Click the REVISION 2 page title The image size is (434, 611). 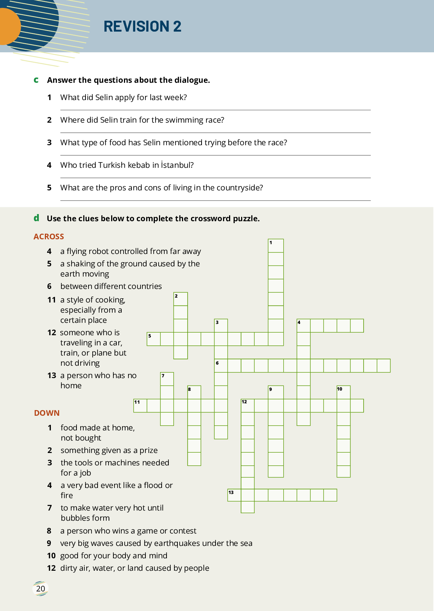142,26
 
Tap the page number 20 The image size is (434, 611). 41,588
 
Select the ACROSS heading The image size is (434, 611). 49,237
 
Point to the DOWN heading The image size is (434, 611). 47,413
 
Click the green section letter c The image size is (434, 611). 36,80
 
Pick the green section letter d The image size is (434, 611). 36,218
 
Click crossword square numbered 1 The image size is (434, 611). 276,246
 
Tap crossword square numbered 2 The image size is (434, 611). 181,299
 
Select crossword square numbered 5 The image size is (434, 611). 154,339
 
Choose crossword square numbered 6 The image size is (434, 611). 221,366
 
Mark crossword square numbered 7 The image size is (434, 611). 167,379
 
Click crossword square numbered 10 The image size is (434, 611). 344,392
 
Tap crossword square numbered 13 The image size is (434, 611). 234,495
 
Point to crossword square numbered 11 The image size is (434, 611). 140,406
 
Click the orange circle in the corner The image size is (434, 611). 8,26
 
